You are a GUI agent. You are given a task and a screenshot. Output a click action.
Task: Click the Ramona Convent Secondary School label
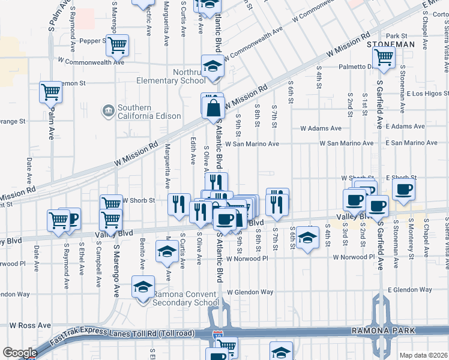click(x=186, y=298)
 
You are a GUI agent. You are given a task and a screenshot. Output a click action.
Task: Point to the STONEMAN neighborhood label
click(x=391, y=44)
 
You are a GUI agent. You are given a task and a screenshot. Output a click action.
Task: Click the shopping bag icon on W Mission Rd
click(x=212, y=108)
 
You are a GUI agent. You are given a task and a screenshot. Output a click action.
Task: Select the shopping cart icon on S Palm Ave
click(x=51, y=92)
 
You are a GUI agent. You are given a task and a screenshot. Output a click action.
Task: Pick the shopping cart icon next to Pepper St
click(x=118, y=44)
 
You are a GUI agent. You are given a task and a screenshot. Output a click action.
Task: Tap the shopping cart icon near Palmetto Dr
click(x=383, y=58)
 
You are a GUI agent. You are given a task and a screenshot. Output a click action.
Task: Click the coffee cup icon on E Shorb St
click(x=403, y=190)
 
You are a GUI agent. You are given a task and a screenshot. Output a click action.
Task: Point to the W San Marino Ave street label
click(x=252, y=144)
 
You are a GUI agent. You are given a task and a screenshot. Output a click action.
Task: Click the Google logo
click(x=20, y=353)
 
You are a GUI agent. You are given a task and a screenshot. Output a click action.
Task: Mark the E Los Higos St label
click(x=427, y=94)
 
